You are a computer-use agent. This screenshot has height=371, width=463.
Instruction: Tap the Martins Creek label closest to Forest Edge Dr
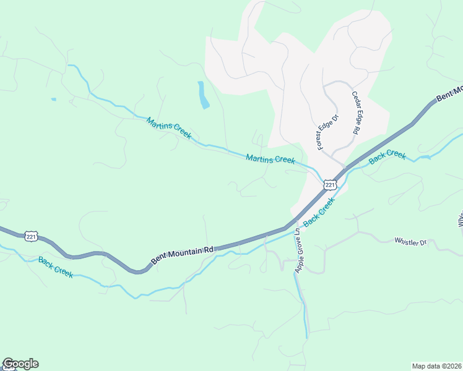point(270,159)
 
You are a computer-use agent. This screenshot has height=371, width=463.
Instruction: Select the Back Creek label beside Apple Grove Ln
point(319,211)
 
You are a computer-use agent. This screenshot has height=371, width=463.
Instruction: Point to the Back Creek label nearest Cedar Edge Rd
point(387,156)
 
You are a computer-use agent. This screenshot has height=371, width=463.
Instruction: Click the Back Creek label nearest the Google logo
point(56,267)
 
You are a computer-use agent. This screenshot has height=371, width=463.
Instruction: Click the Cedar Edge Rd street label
point(356,113)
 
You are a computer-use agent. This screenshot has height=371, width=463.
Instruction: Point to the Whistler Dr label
point(410,241)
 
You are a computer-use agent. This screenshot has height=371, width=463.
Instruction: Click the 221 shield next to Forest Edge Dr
point(330,184)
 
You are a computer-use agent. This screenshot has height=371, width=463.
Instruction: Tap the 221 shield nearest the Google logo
point(32,236)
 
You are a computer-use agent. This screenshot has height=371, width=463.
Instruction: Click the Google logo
point(20,364)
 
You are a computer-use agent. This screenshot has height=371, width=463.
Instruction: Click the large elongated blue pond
point(203,95)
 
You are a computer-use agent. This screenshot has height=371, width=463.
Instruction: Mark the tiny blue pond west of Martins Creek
point(53,99)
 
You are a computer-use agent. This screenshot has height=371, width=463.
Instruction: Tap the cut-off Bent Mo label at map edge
point(449,94)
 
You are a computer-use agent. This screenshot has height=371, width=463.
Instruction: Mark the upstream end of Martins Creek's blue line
point(68,65)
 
